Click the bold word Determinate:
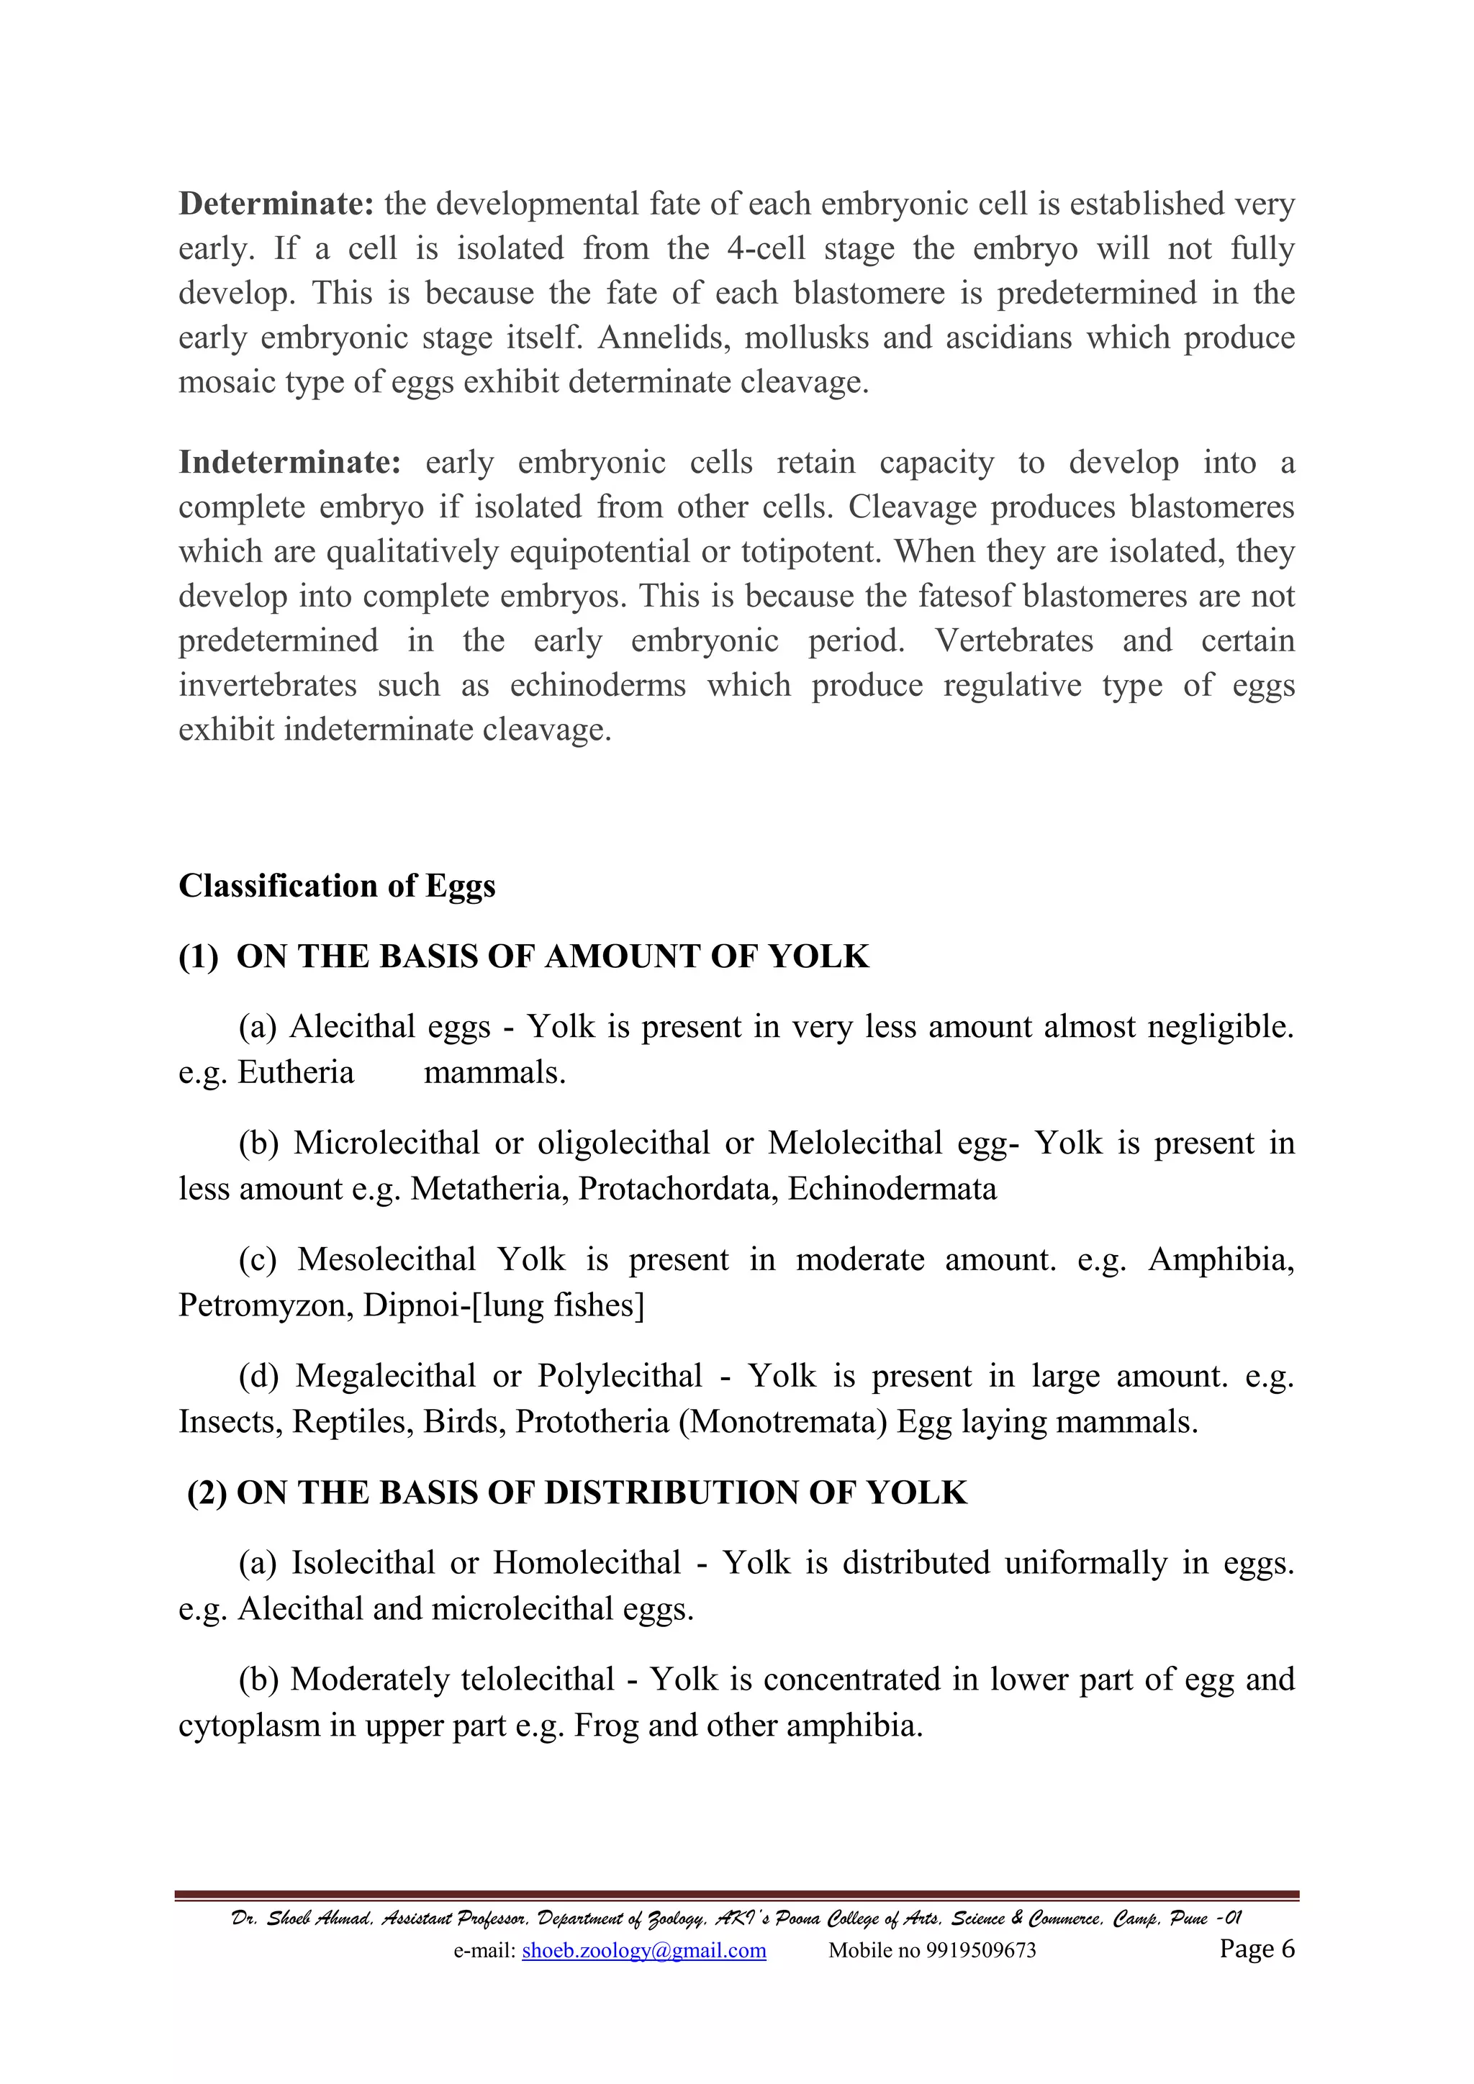point(276,204)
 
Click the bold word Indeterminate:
point(289,462)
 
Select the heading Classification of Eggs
point(337,885)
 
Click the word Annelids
point(664,337)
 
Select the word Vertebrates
point(1014,640)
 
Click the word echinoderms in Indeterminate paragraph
point(597,684)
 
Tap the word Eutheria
point(295,1072)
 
